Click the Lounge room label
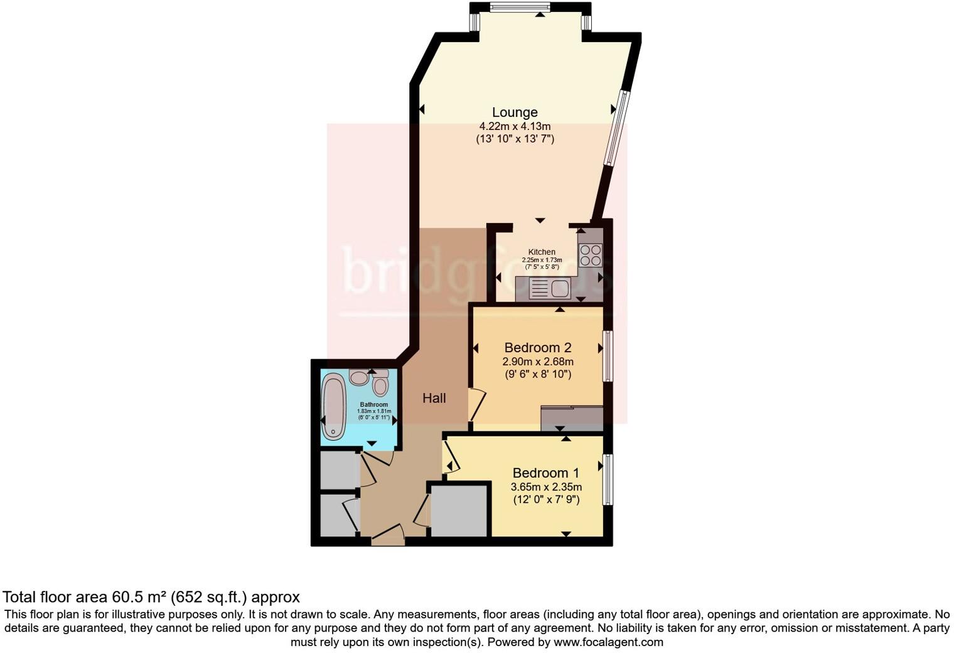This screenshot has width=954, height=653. [x=514, y=112]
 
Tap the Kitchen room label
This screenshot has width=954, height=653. [x=541, y=252]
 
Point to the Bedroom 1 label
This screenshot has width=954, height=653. [x=545, y=473]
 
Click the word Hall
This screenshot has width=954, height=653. [x=434, y=398]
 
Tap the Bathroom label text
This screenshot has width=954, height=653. [x=373, y=404]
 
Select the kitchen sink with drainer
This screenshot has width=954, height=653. [x=550, y=289]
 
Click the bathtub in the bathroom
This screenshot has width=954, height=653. [x=333, y=406]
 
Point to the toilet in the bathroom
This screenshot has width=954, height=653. [x=380, y=385]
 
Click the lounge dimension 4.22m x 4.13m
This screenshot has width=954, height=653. [x=514, y=126]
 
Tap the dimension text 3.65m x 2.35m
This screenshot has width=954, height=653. [x=545, y=487]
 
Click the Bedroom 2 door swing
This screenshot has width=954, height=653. [x=476, y=405]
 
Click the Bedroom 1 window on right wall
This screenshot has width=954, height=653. [x=607, y=479]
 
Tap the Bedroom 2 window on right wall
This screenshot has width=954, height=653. [x=607, y=355]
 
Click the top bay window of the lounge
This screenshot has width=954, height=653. [x=520, y=8]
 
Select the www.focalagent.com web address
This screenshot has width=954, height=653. [x=608, y=642]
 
